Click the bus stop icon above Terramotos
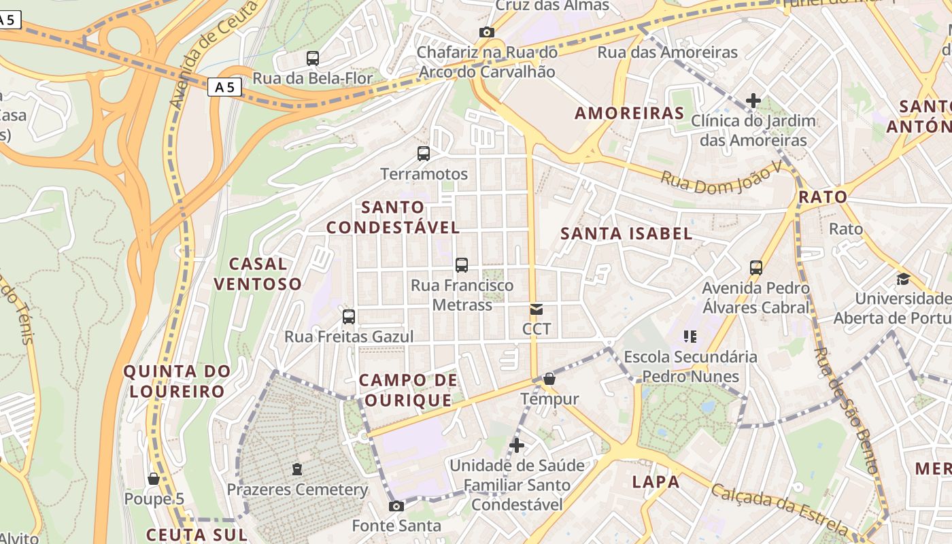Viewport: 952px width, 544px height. coord(424,154)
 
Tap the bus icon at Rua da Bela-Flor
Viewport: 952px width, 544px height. coord(313,58)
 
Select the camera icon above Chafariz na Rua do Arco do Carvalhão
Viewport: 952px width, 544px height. coord(486,32)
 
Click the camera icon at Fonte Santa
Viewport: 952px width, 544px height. coord(396,506)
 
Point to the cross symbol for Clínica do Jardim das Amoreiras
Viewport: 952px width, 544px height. coord(753,101)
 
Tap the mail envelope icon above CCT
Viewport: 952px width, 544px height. coord(537,310)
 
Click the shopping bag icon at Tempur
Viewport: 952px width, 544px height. coord(549,379)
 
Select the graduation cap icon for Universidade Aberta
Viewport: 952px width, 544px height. coord(903,279)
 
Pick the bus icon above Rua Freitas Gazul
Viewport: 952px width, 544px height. coord(349,317)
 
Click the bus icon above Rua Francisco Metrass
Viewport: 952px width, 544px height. coord(462,265)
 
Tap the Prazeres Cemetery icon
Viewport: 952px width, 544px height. coord(296,469)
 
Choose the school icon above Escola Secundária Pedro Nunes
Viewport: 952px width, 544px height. coord(690,337)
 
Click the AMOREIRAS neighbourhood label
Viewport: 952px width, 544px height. coord(630,113)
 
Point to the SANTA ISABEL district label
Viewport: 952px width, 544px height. coord(626,234)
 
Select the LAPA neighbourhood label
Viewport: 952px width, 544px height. coord(656,482)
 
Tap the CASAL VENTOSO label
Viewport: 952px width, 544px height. coord(258,273)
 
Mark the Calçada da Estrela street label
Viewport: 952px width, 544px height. coord(780,509)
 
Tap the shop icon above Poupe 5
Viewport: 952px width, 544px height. coord(154,479)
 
